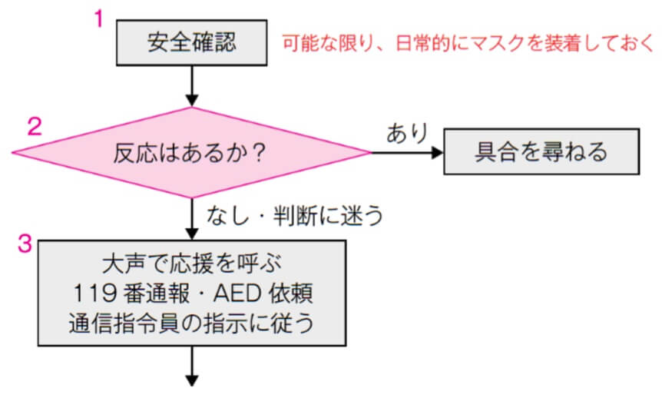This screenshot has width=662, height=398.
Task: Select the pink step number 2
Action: click(35, 126)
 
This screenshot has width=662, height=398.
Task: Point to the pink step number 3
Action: click(25, 245)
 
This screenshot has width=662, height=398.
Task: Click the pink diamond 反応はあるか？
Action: click(192, 152)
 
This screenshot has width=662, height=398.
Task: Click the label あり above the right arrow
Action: click(406, 133)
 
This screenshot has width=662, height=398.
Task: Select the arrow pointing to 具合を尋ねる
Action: click(407, 152)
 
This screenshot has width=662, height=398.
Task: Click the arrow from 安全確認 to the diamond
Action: click(192, 87)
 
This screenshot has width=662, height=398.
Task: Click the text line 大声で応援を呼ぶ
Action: click(192, 264)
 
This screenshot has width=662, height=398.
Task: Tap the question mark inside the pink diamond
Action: click(259, 153)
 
